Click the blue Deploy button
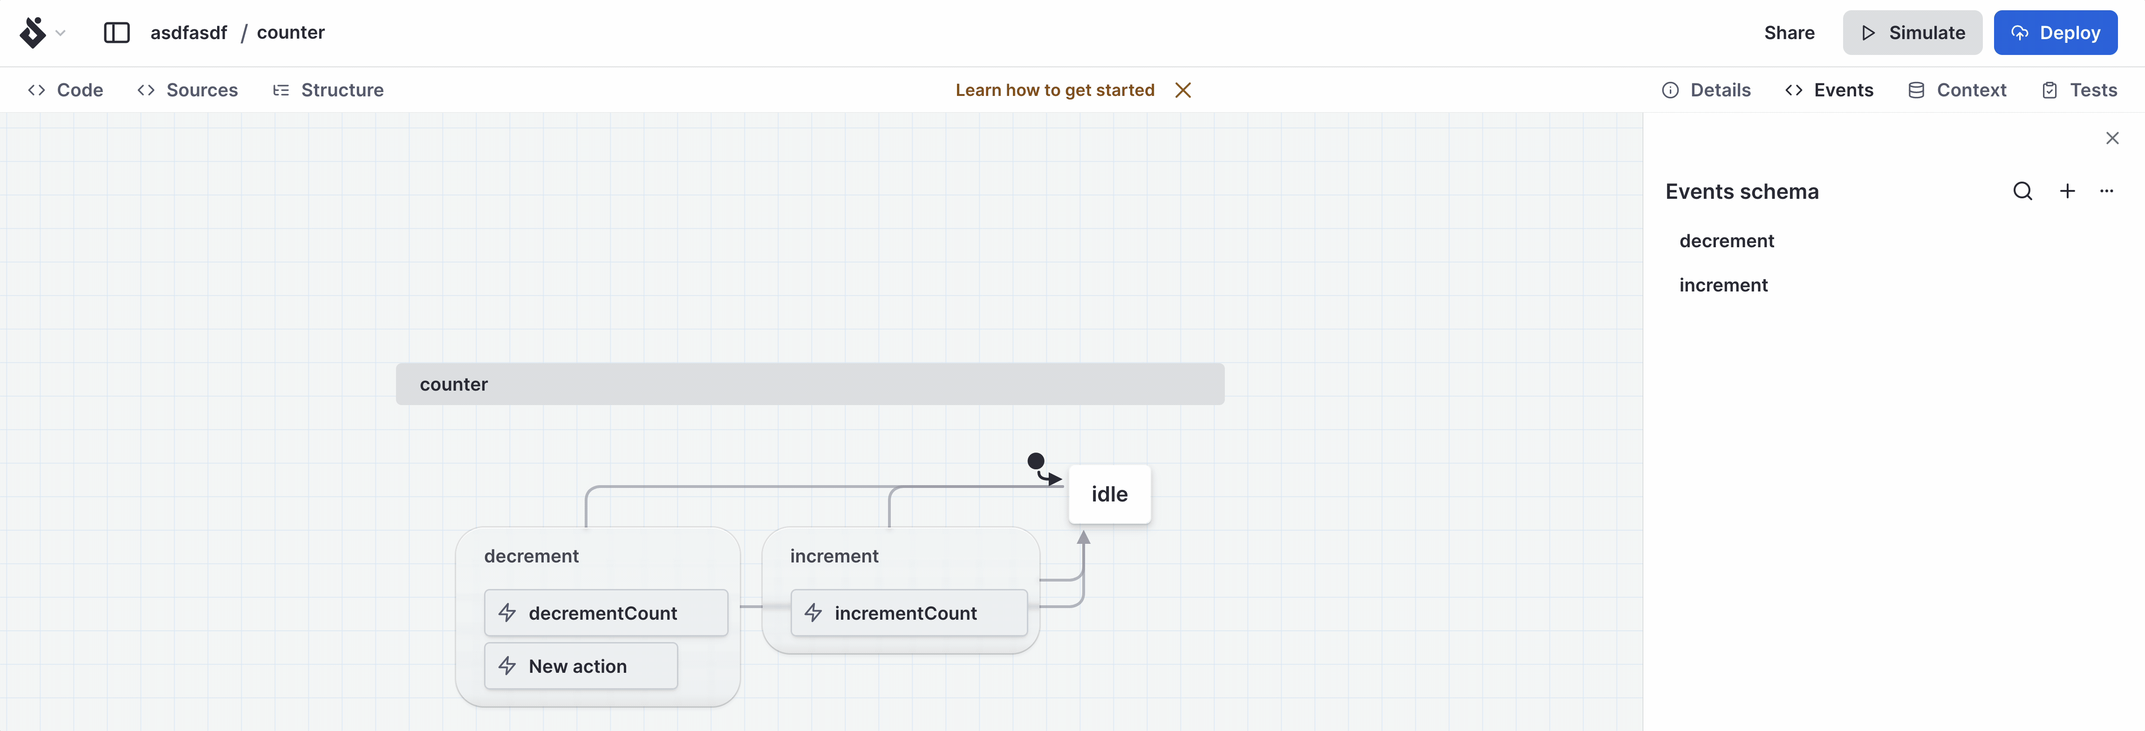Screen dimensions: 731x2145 pos(2055,33)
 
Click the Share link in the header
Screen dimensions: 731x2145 pos(1789,33)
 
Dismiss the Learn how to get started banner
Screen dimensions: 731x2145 pos(1182,90)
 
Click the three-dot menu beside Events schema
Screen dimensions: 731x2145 pos(2107,191)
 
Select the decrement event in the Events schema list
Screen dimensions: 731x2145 pos(1726,241)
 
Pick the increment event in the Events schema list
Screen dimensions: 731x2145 pos(1723,285)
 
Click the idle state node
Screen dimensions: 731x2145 pos(1109,494)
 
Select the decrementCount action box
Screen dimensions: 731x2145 pos(605,613)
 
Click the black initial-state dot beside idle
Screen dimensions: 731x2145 pos(1036,460)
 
